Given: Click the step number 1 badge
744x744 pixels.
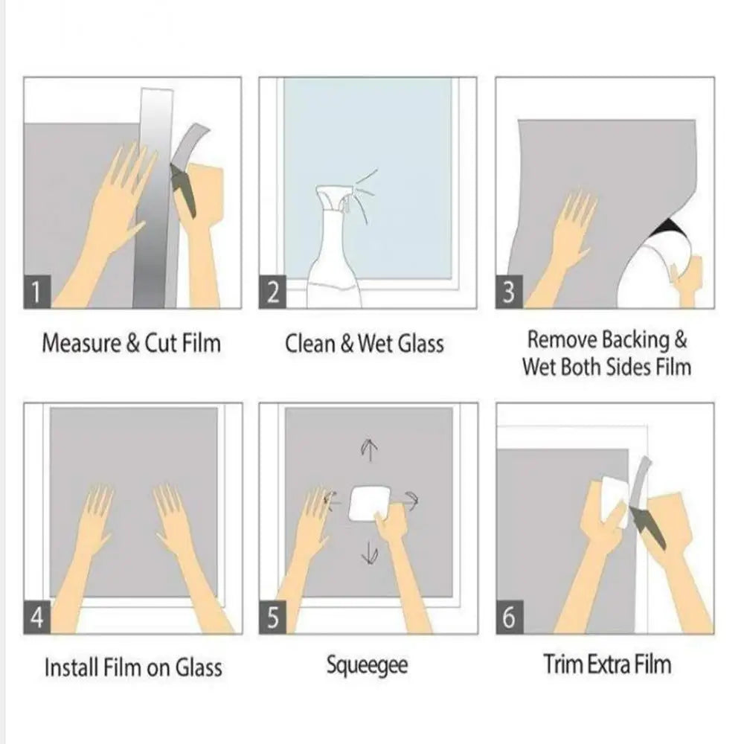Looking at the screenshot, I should coord(38,292).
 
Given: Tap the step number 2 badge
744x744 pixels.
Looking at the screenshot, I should coord(273,292).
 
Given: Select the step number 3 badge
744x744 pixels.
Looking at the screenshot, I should coord(509,292).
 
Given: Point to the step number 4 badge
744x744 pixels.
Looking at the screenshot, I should coord(38,619).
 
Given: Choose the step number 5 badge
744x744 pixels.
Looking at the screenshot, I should coord(273,619).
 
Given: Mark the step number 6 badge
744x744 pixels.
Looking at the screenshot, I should coord(509,619).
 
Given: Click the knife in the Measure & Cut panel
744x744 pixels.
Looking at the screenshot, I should coord(184,190).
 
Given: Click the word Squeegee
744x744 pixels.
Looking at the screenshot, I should coord(367,665).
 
